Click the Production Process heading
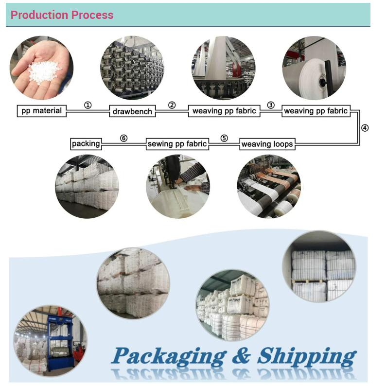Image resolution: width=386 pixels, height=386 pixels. click(62, 15)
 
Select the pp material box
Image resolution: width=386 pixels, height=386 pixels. click(41, 111)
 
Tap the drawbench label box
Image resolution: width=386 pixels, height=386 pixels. click(132, 111)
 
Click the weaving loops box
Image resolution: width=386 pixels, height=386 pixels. click(267, 144)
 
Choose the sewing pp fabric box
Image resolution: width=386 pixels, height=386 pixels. click(177, 144)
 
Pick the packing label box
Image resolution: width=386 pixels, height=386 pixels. click(86, 144)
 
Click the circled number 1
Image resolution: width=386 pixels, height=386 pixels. click(88, 105)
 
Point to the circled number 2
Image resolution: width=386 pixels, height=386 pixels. click(172, 105)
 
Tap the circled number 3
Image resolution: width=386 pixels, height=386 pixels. click(271, 105)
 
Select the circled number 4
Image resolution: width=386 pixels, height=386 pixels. click(365, 128)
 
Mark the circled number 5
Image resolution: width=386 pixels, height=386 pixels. click(224, 138)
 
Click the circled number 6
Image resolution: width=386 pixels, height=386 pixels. click(123, 138)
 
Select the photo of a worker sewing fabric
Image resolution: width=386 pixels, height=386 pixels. click(178, 186)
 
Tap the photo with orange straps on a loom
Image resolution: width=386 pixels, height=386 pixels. click(268, 186)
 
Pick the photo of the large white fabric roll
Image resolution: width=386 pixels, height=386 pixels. click(314, 67)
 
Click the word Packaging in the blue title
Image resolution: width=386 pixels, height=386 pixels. click(168, 356)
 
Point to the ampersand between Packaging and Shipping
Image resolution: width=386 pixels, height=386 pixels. click(242, 356)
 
